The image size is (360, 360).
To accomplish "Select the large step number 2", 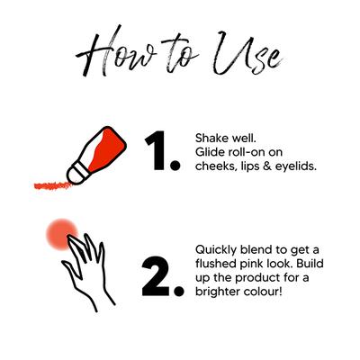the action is (x=162, y=276).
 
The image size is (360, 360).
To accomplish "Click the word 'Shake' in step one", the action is (x=211, y=139).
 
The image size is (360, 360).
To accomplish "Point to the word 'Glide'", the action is (x=210, y=152).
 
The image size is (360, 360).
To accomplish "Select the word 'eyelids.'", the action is (x=296, y=166).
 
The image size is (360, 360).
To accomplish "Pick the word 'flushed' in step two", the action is (x=216, y=264).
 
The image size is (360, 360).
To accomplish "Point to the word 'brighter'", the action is (x=217, y=292).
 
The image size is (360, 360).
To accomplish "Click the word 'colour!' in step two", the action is (x=262, y=292).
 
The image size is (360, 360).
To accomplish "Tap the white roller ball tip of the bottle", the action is (x=75, y=175).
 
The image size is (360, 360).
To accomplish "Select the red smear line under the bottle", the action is (x=53, y=185).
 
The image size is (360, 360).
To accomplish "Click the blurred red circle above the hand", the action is (x=62, y=234).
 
